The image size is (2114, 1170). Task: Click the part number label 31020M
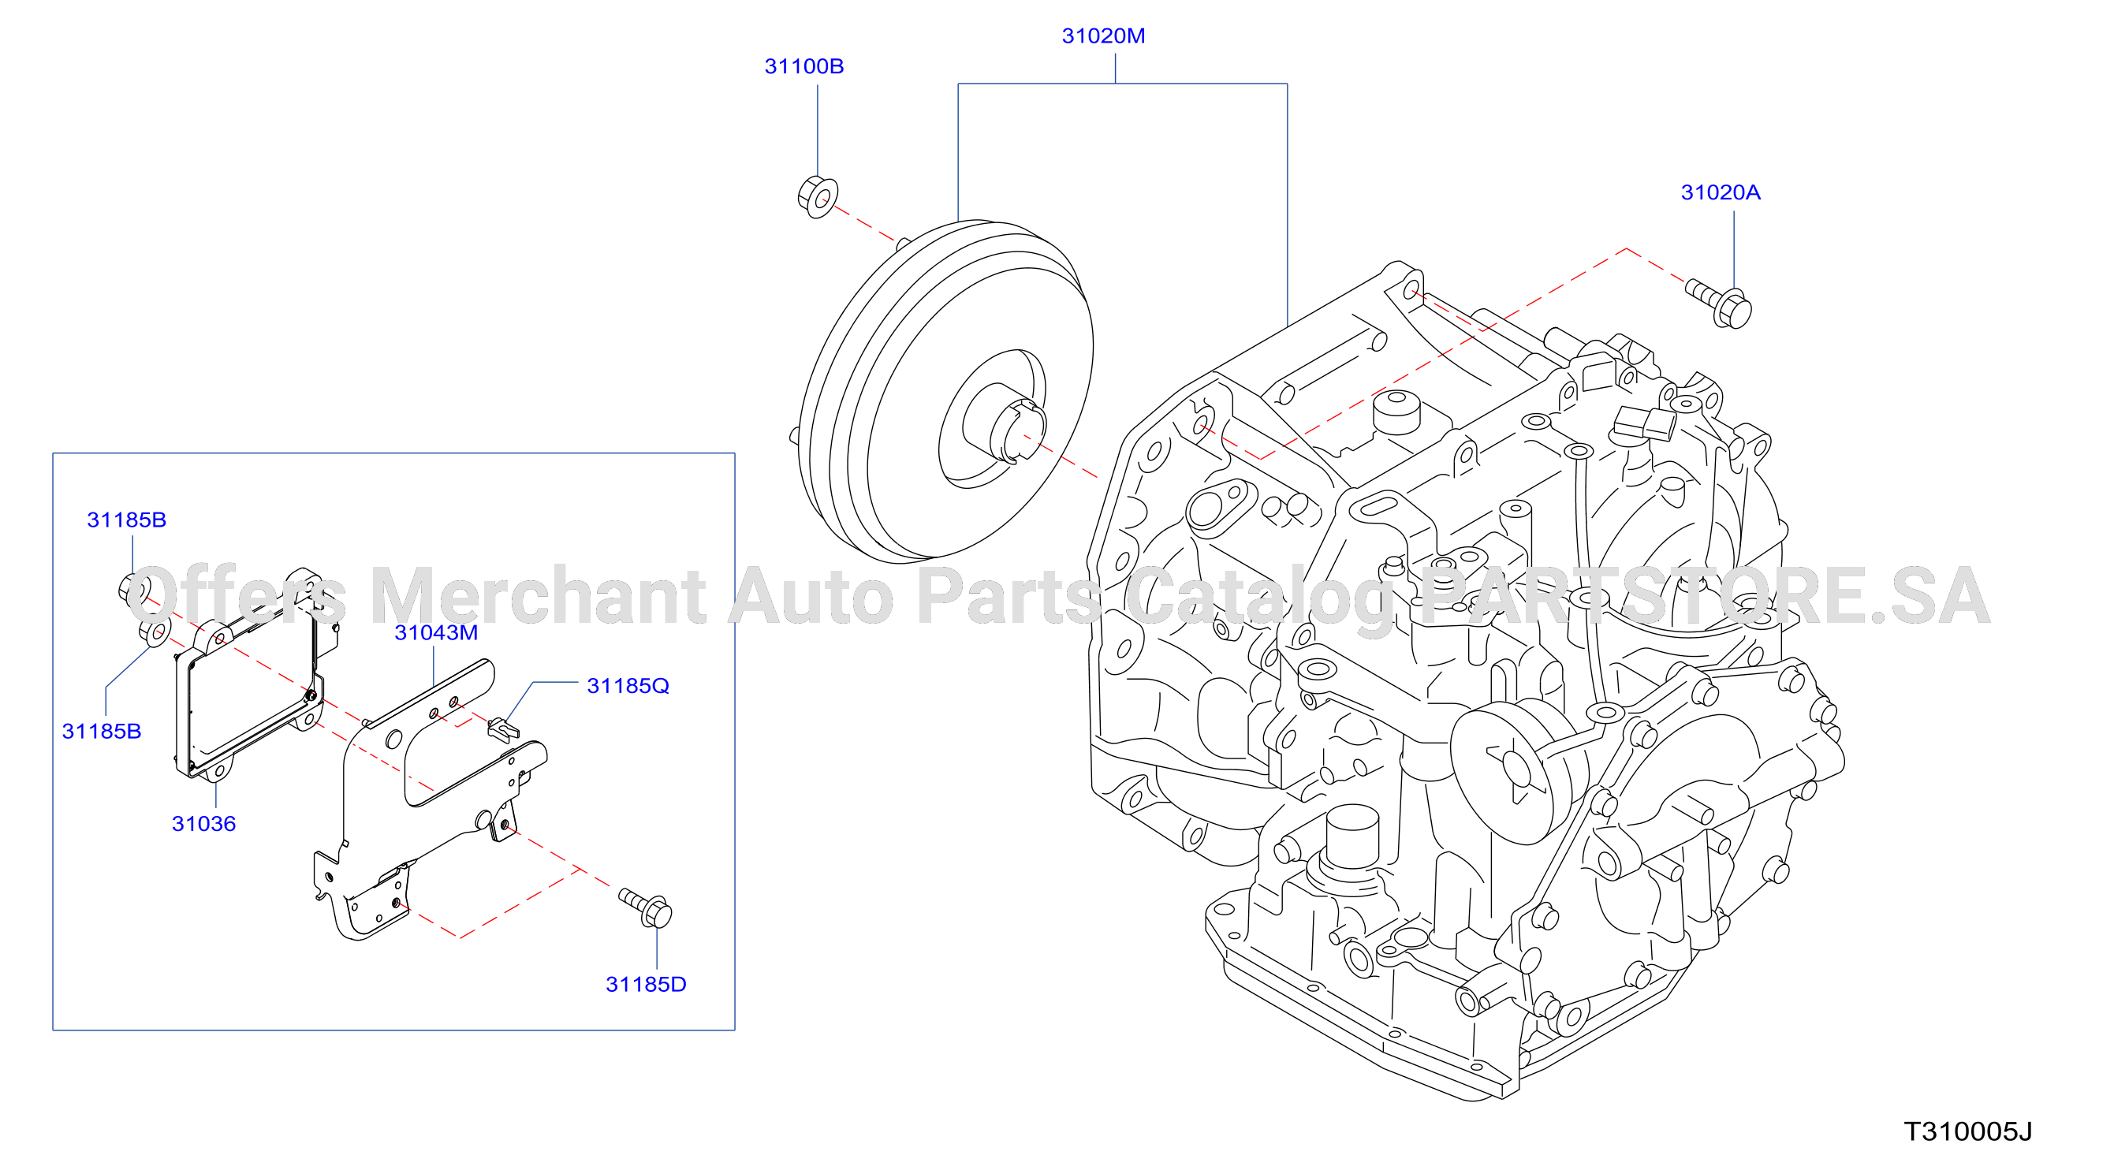pos(1103,36)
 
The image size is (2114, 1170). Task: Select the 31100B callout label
pos(803,66)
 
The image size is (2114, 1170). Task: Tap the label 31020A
pos(1720,193)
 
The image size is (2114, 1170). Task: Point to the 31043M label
pos(436,632)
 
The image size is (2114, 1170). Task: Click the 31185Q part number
pos(628,686)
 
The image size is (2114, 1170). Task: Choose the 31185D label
pos(646,985)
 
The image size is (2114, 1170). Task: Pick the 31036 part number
pos(203,824)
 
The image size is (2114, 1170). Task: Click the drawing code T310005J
pos(1968,1132)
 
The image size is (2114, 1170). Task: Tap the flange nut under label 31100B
pos(818,197)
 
